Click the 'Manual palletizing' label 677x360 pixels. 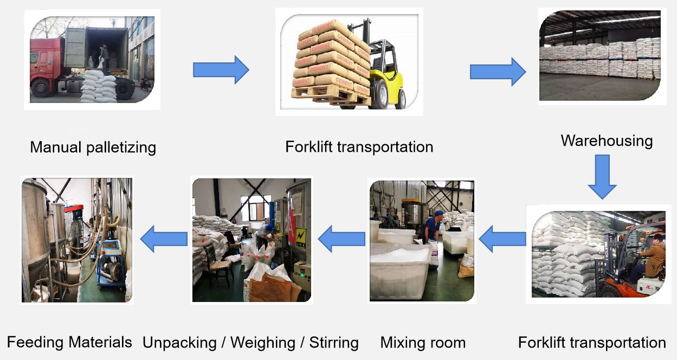93,147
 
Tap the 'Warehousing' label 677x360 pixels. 606,141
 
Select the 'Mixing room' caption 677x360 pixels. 423,343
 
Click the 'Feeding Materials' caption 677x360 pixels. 69,342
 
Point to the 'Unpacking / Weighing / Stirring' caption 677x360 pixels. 250,343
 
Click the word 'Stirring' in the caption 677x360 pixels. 334,343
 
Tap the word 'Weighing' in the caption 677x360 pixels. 263,343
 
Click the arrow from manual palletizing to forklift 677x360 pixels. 221,69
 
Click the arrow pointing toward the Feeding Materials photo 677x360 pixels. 163,239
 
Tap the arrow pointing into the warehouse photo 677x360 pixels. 497,72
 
